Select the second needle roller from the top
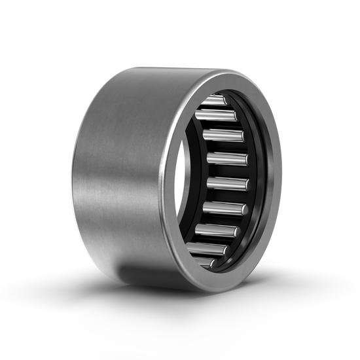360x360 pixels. [216, 116]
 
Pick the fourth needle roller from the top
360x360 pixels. [227, 158]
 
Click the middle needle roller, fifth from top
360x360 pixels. [227, 184]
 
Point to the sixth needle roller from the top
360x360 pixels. [225, 208]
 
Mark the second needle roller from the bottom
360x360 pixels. [208, 249]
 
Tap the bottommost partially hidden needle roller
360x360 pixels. [204, 261]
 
